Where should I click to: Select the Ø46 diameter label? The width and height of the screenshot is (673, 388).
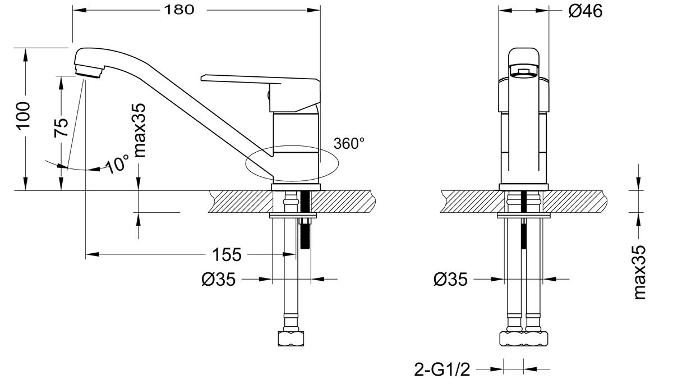pyautogui.click(x=585, y=10)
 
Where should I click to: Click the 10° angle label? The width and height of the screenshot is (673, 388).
pyautogui.click(x=118, y=165)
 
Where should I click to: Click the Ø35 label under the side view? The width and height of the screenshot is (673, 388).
pyautogui.click(x=217, y=279)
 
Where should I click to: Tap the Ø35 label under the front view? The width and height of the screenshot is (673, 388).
pyautogui.click(x=451, y=279)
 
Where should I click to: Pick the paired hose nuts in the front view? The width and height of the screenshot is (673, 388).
pyautogui.click(x=523, y=338)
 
